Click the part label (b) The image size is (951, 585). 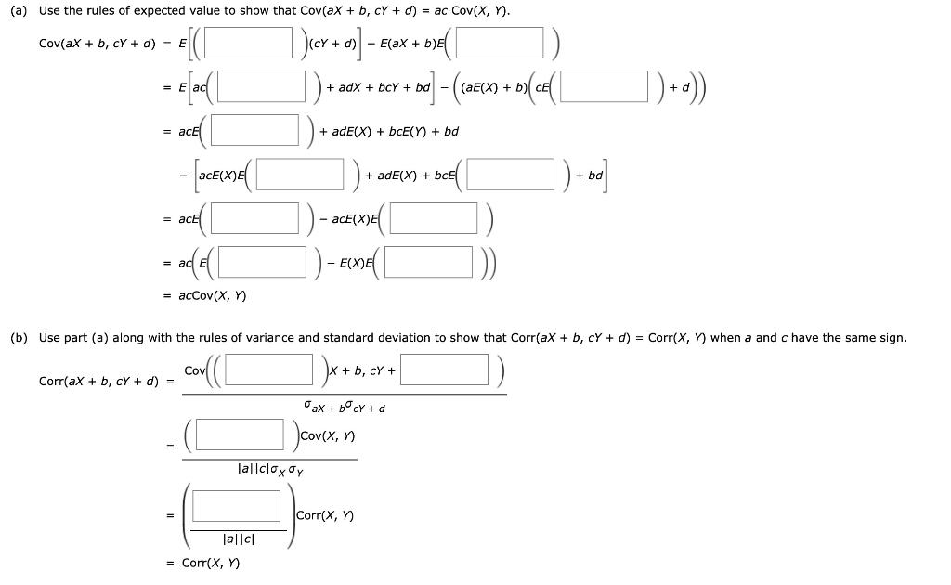[x=19, y=338]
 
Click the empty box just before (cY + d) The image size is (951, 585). [x=250, y=43]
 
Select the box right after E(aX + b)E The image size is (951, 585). [x=500, y=43]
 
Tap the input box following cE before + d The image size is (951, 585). [x=605, y=86]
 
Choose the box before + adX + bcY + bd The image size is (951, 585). [x=263, y=86]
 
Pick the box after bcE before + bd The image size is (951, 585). [x=514, y=175]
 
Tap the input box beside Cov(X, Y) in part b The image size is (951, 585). [x=240, y=435]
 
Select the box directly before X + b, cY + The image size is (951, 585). [x=269, y=370]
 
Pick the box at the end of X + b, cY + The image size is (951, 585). [x=444, y=370]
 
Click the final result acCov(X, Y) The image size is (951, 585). [x=212, y=295]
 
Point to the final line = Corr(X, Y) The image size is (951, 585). [x=210, y=563]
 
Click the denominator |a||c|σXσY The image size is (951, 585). [x=268, y=471]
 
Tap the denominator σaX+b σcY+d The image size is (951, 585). [x=344, y=408]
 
